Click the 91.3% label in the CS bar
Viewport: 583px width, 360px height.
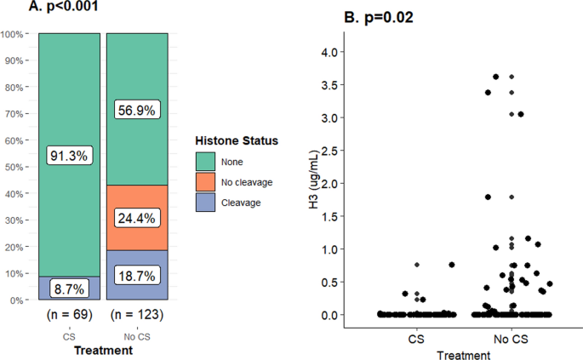(69, 156)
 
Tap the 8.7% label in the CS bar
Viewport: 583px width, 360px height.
(69, 289)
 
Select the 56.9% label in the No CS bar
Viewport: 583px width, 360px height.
(137, 110)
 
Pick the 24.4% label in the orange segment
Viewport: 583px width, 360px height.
(137, 217)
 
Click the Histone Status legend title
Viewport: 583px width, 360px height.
(237, 140)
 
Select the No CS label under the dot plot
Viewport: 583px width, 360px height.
(512, 339)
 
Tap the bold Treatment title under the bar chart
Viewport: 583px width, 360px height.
(103, 350)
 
